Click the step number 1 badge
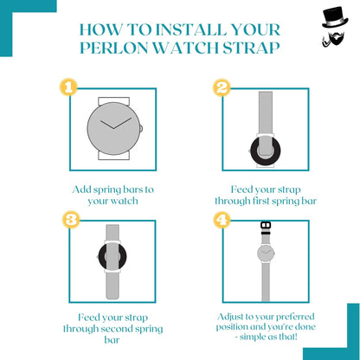(68, 87)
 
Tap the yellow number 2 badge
(222, 87)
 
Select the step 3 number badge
(71, 220)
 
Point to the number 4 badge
(222, 220)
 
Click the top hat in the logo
(335, 17)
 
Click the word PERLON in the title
(113, 48)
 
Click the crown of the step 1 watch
(141, 128)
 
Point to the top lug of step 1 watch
(113, 101)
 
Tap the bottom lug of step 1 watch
(113, 155)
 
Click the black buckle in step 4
(266, 228)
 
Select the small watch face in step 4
(266, 254)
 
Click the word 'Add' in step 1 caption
(80, 190)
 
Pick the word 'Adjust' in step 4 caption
(230, 317)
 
